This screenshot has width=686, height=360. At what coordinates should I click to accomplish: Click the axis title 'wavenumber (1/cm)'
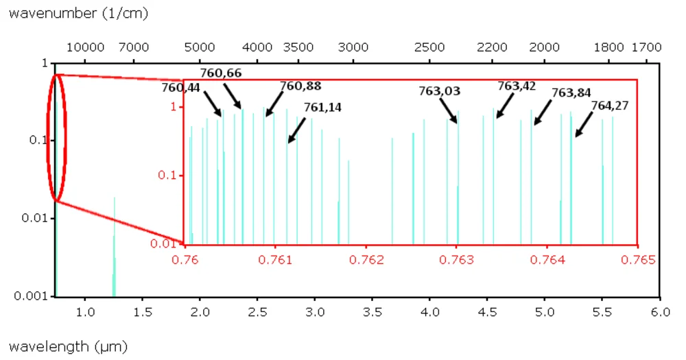click(x=78, y=13)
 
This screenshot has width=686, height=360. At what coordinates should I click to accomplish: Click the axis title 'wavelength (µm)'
click(x=68, y=346)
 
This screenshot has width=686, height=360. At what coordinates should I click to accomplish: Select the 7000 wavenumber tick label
click(x=134, y=47)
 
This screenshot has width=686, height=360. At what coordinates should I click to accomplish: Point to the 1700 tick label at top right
click(x=646, y=47)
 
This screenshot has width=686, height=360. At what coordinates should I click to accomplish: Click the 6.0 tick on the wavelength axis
click(x=659, y=311)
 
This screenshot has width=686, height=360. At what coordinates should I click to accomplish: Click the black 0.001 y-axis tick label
click(x=32, y=296)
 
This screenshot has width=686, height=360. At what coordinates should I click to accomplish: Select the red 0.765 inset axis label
click(x=637, y=260)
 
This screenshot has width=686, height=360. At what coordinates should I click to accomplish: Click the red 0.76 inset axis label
click(x=185, y=260)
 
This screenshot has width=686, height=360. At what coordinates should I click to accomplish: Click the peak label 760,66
click(x=221, y=73)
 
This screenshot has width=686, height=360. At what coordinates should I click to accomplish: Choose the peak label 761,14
click(x=322, y=107)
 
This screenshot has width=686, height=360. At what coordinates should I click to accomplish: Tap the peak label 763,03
click(x=440, y=91)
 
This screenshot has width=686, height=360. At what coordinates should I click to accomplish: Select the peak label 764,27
click(x=609, y=105)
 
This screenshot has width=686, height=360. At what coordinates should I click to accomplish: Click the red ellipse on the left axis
click(x=58, y=137)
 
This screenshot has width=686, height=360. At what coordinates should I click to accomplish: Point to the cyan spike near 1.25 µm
click(x=115, y=247)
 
